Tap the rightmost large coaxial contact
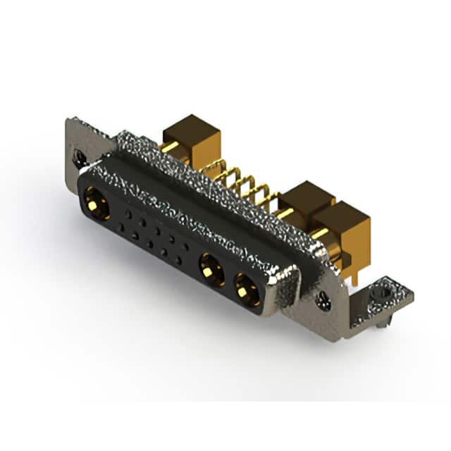[x=247, y=288]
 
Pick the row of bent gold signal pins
[x=233, y=179]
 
